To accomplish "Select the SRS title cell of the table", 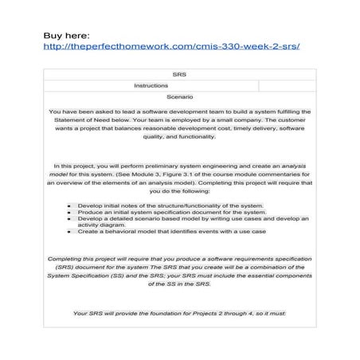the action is click(179, 74).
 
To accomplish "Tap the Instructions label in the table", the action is click(151, 84).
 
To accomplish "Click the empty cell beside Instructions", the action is click(287, 84).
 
